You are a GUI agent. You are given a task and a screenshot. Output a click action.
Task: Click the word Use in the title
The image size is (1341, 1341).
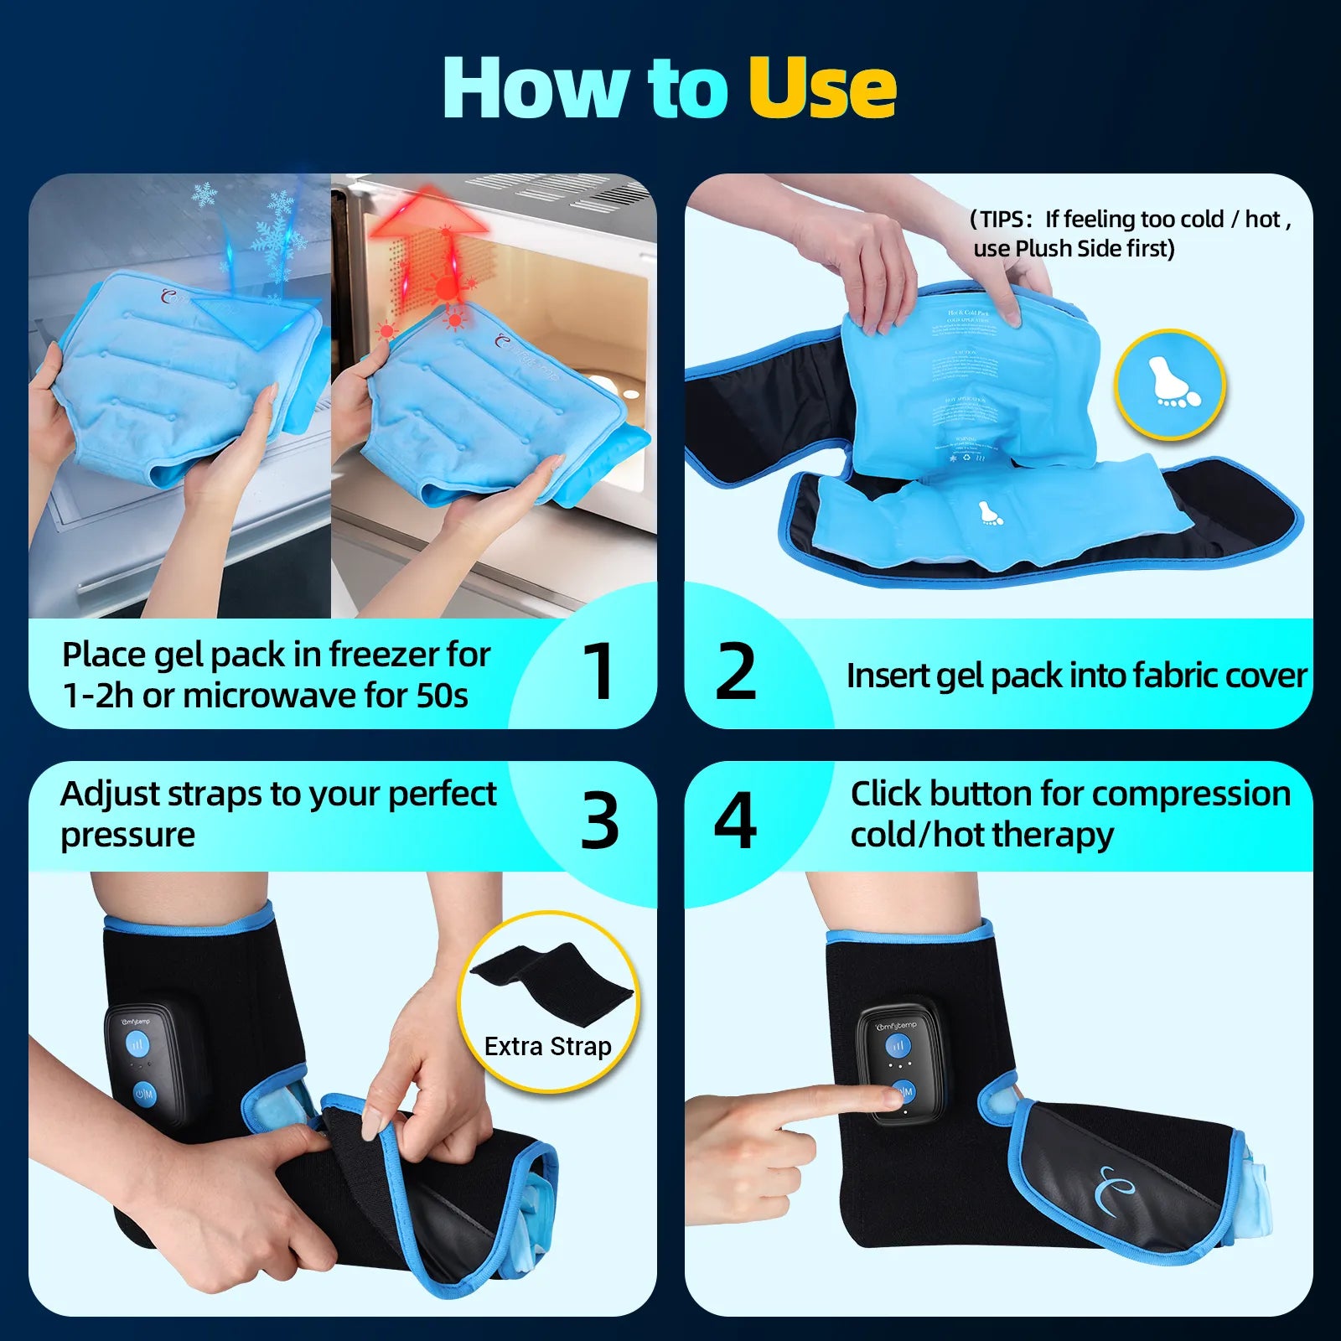[821, 88]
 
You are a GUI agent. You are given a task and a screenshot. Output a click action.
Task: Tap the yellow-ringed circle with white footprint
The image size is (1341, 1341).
[1170, 385]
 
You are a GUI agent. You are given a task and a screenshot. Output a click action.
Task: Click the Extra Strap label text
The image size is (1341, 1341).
[547, 1046]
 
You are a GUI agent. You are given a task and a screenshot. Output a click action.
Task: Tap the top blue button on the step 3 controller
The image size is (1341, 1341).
[138, 1044]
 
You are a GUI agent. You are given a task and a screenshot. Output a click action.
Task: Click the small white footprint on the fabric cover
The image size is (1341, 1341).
[990, 512]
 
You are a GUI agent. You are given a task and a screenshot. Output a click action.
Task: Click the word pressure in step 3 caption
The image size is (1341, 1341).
[127, 836]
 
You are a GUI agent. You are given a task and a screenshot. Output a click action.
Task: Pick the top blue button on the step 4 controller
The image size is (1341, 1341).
[898, 1046]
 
